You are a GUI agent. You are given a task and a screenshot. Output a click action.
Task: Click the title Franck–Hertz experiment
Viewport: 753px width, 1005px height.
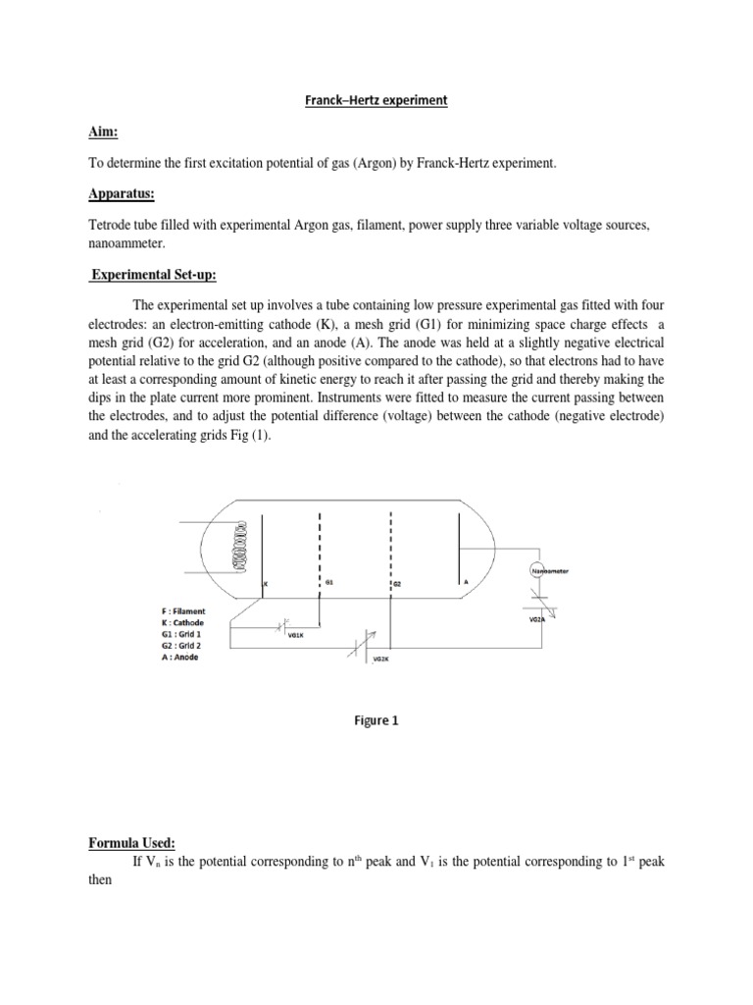(376, 100)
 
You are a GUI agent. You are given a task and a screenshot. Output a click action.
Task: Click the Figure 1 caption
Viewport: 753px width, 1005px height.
(376, 719)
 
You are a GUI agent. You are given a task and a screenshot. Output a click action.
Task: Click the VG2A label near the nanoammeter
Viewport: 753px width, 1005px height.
(537, 619)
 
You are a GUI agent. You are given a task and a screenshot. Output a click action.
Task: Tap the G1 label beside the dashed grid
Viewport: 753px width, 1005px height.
(330, 582)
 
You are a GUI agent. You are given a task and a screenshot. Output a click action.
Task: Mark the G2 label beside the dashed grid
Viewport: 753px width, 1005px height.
(399, 584)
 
